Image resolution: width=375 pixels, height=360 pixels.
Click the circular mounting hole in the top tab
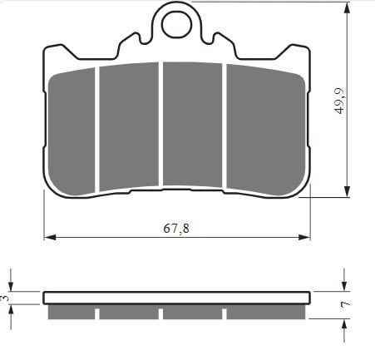coord(175,24)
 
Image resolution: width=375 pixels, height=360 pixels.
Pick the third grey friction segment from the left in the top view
coord(192,125)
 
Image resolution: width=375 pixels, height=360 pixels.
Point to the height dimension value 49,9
coord(339,98)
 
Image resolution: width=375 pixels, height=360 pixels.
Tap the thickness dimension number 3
coord(5,297)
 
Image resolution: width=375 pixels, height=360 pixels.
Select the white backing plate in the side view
coord(176,298)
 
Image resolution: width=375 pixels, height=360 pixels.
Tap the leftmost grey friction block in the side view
coord(72,312)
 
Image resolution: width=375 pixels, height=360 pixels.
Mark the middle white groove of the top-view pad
coord(160,125)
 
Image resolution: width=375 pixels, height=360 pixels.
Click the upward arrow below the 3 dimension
coord(11,309)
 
